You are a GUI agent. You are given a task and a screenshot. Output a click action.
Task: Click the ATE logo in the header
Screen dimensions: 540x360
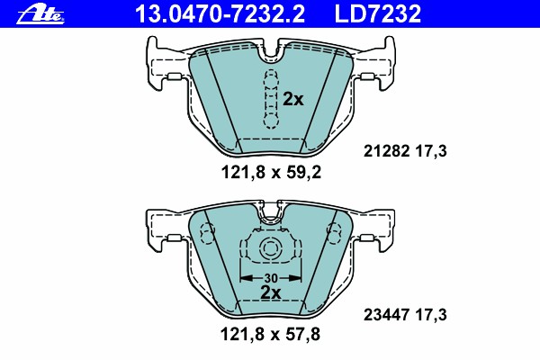40,14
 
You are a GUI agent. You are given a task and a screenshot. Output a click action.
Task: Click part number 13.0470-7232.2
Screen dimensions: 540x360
220,14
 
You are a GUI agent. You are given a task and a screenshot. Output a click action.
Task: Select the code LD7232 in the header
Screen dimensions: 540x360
378,14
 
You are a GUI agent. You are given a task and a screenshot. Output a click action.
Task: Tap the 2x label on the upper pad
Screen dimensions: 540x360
293,100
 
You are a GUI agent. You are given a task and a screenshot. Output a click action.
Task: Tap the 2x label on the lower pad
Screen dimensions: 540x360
271,292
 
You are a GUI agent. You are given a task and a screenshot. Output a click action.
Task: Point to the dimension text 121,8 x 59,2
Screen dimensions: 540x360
271,172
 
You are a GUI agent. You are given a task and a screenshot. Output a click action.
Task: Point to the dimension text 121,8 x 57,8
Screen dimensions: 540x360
270,334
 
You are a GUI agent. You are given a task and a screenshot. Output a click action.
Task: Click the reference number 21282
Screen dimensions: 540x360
386,151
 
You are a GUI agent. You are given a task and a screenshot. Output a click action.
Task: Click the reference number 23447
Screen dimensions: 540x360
386,314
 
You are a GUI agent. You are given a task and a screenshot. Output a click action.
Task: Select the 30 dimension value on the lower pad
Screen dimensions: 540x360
271,278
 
